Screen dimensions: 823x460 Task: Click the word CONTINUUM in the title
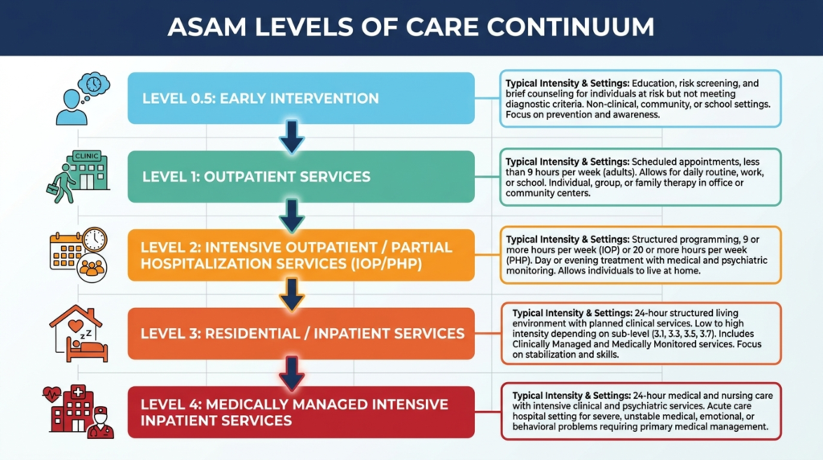pyautogui.click(x=570, y=27)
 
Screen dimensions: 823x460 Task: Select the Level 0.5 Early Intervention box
pyautogui.click(x=301, y=98)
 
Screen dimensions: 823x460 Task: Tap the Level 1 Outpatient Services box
pyautogui.click(x=301, y=176)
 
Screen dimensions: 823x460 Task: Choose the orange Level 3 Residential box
pyautogui.click(x=301, y=334)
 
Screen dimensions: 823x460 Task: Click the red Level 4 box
pyautogui.click(x=301, y=413)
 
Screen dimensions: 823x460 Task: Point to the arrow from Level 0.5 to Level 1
pyautogui.click(x=292, y=137)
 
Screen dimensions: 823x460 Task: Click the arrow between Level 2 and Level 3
pyautogui.click(x=292, y=294)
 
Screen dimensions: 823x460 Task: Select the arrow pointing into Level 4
pyautogui.click(x=292, y=373)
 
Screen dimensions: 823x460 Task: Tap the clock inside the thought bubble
pyautogui.click(x=94, y=84)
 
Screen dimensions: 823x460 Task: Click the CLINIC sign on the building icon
pyautogui.click(x=87, y=156)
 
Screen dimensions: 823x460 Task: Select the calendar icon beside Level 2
pyautogui.click(x=66, y=252)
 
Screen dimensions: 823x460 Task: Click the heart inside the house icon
pyautogui.click(x=76, y=326)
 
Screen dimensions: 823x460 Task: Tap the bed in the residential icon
pyautogui.click(x=87, y=351)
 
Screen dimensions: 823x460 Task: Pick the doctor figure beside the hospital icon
pyautogui.click(x=100, y=422)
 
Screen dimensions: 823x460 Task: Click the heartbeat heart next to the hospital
pyautogui.click(x=52, y=394)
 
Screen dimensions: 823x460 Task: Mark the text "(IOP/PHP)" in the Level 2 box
pyautogui.click(x=387, y=264)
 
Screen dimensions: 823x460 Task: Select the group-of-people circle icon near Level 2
pyautogui.click(x=92, y=268)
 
